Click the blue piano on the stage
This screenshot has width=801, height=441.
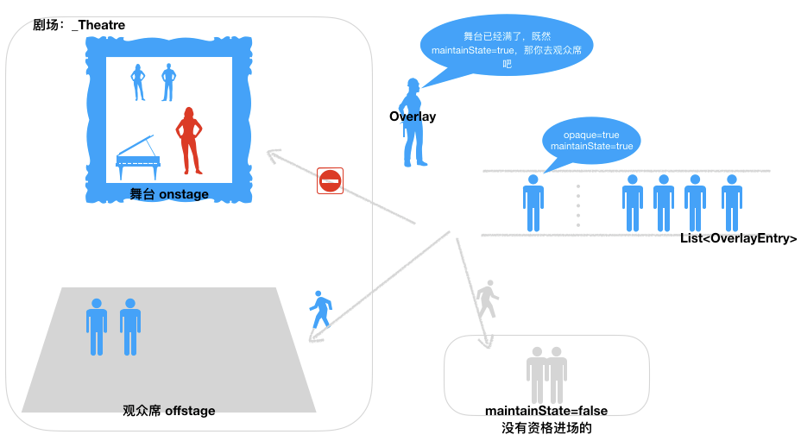click(x=138, y=153)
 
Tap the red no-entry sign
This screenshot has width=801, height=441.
click(x=331, y=180)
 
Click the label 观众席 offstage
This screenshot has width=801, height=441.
click(x=168, y=411)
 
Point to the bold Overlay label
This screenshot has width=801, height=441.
click(x=413, y=117)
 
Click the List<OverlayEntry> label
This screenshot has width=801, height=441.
click(x=738, y=239)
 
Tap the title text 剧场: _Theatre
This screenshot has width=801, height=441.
click(x=79, y=25)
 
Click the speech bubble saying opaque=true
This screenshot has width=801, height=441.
click(x=591, y=141)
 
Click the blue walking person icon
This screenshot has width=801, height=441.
click(x=321, y=309)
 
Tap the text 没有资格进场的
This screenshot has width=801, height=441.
click(x=546, y=427)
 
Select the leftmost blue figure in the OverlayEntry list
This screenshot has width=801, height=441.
click(x=533, y=204)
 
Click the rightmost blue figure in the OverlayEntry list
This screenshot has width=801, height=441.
click(x=732, y=204)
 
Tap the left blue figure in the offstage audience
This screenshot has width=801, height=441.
click(x=97, y=327)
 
